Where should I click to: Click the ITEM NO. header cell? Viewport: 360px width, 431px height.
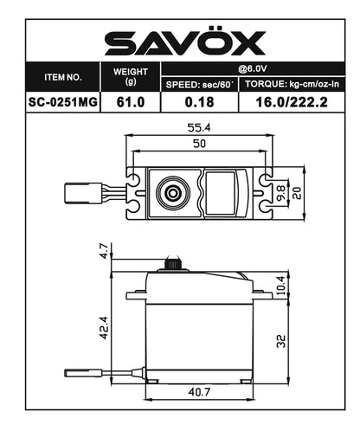click(x=63, y=76)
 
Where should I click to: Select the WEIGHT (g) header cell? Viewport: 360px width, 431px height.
click(x=131, y=76)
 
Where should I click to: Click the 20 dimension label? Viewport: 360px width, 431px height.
click(x=296, y=191)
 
